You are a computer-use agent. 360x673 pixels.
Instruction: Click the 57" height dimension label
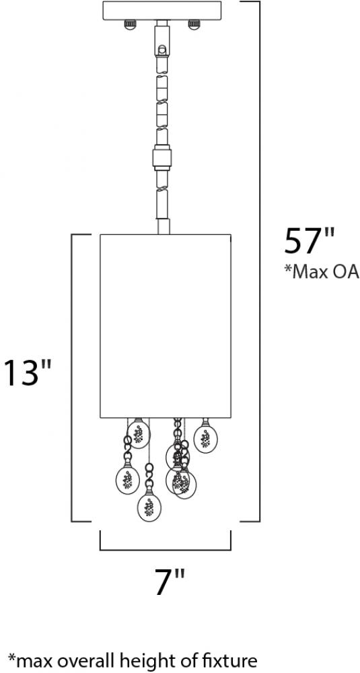click(x=308, y=241)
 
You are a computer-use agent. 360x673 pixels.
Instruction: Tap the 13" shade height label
click(x=28, y=372)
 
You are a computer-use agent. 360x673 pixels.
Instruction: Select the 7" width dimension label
click(x=170, y=582)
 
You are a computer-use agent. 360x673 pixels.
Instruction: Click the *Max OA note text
click(x=322, y=272)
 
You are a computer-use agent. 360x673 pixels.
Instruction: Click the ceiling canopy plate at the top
click(x=162, y=10)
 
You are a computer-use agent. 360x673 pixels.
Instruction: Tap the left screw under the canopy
click(x=130, y=24)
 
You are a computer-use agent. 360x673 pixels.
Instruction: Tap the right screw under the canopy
click(x=194, y=24)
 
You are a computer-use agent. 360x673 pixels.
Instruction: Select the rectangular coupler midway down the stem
click(x=162, y=158)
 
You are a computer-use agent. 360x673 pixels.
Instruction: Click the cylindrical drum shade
click(x=166, y=326)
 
